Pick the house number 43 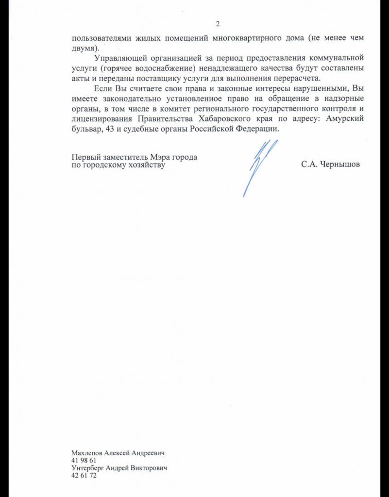click(104, 130)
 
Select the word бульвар click(84, 130)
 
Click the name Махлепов click(89, 452)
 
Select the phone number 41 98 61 click(84, 460)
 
